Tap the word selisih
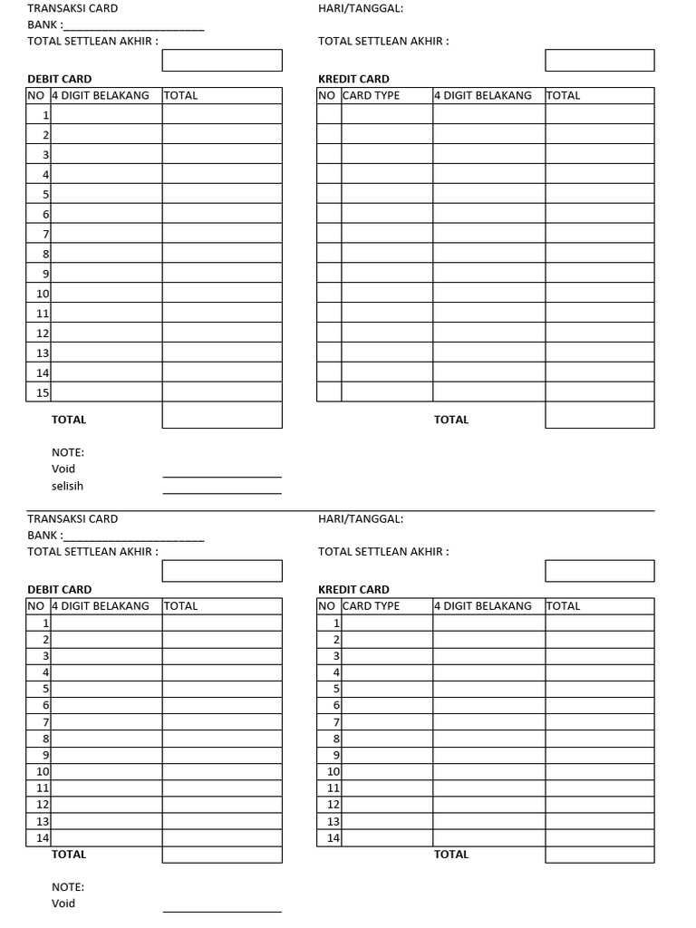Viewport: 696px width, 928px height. coord(67,486)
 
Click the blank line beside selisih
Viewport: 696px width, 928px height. coord(222,492)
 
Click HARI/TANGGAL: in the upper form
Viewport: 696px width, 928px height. coord(361,9)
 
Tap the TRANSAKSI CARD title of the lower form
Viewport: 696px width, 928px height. coord(72,519)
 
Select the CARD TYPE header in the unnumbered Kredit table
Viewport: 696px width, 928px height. coord(371,95)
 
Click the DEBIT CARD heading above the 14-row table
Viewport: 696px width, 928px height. coord(59,589)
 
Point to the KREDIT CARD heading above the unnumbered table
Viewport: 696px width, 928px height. coord(353,79)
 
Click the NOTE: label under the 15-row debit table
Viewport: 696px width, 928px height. coord(68,452)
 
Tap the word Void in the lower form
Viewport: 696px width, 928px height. coord(63,904)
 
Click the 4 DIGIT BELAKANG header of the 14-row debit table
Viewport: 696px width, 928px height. coord(101,605)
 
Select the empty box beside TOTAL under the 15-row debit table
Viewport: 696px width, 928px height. coord(222,415)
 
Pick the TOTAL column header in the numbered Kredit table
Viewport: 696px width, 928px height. coord(563,605)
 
